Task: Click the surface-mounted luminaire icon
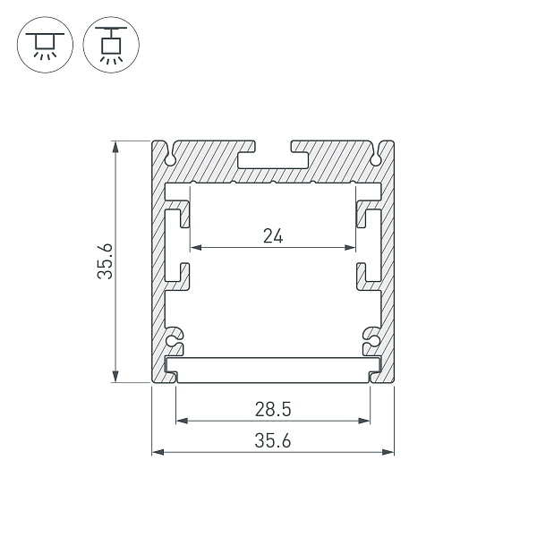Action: pyautogui.click(x=40, y=42)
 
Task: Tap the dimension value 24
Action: pyautogui.click(x=273, y=236)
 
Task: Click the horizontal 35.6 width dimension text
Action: pyautogui.click(x=273, y=440)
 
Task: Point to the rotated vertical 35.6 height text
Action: pyautogui.click(x=106, y=261)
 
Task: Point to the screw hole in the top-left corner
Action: pyautogui.click(x=169, y=158)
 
